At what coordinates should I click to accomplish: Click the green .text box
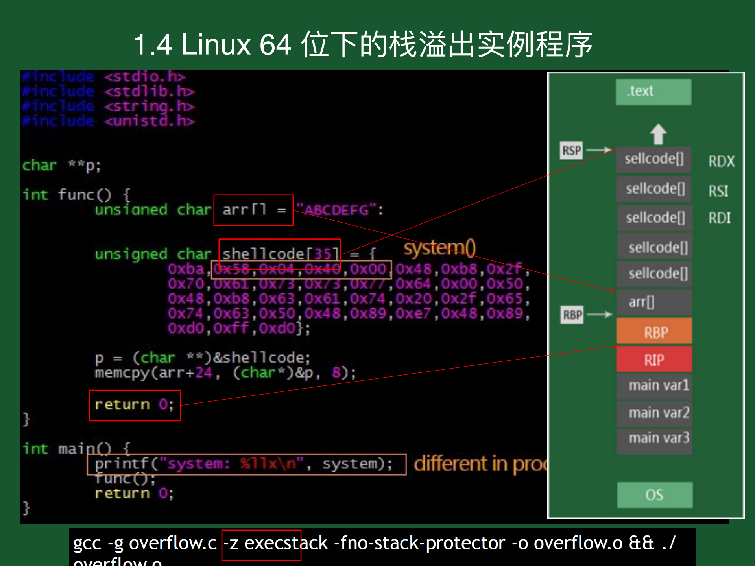click(x=653, y=92)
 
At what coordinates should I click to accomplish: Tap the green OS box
click(x=654, y=494)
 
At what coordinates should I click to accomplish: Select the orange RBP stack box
click(x=654, y=332)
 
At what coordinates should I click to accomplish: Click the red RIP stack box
click(x=654, y=360)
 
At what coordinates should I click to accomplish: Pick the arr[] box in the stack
click(x=654, y=302)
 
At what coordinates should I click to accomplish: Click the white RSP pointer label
click(x=571, y=151)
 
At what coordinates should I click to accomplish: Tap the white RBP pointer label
click(x=572, y=315)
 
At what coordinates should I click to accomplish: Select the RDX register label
click(x=721, y=161)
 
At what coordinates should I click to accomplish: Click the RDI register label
click(x=719, y=218)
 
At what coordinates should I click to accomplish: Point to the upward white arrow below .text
click(x=658, y=134)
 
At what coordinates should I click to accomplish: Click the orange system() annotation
click(x=439, y=248)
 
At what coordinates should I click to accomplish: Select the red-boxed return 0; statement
click(x=135, y=405)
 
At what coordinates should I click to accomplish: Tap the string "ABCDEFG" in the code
click(x=337, y=210)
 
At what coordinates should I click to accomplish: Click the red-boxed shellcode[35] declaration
click(x=279, y=253)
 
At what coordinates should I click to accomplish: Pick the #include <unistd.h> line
click(x=108, y=121)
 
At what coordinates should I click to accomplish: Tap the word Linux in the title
click(x=216, y=44)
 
